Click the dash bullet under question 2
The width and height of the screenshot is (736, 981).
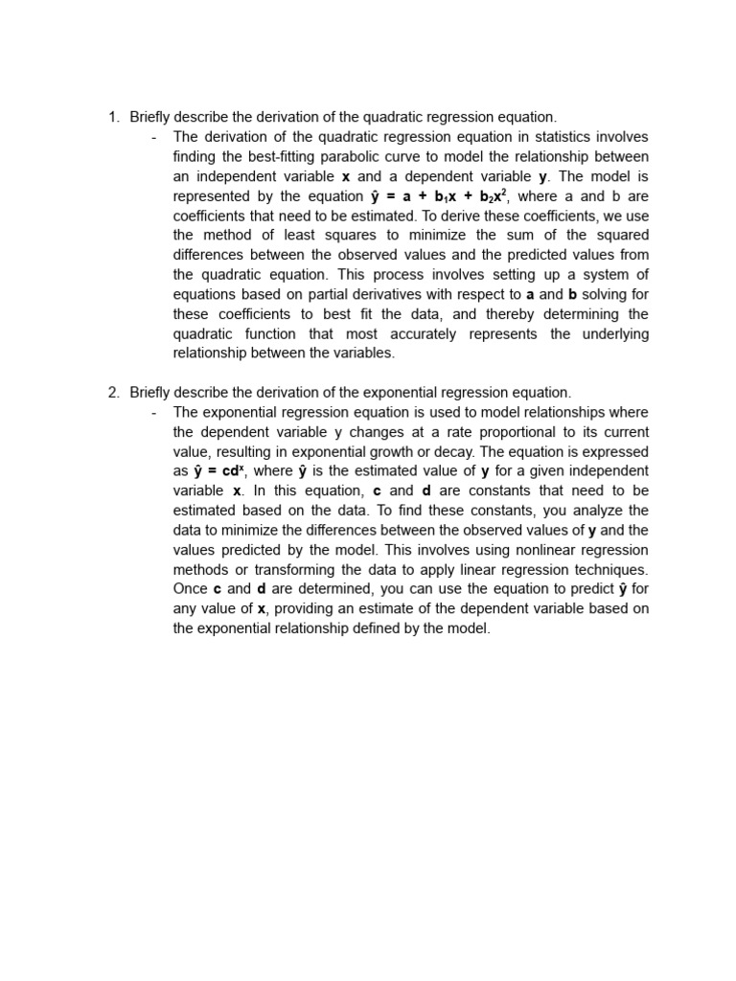click(x=154, y=413)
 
